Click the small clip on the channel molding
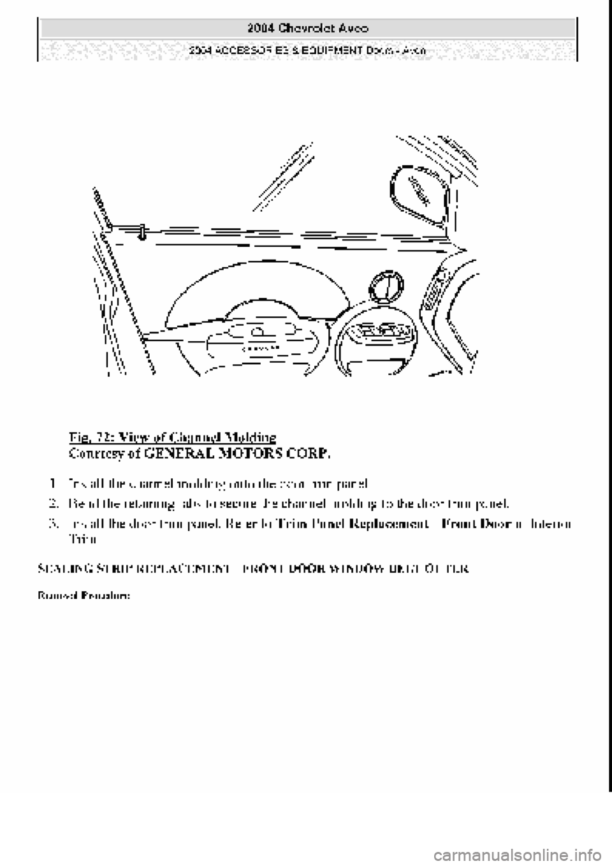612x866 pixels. click(x=141, y=230)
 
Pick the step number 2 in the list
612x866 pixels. click(x=53, y=503)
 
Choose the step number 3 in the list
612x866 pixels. click(x=53, y=524)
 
